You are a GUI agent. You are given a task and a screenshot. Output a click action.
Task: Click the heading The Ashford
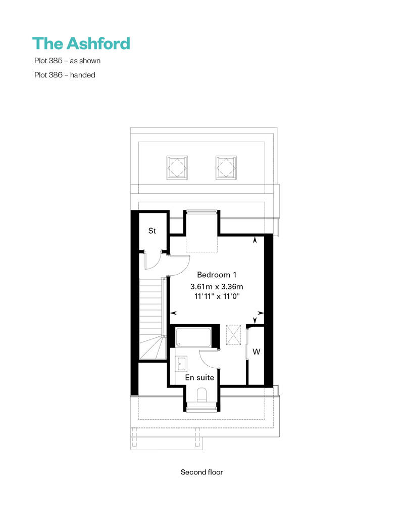pyautogui.click(x=81, y=43)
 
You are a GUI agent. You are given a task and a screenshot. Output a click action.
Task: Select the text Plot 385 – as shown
pyautogui.click(x=67, y=61)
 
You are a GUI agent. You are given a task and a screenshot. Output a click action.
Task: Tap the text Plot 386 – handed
pyautogui.click(x=65, y=75)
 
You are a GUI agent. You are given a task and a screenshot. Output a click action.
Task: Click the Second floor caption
pyautogui.click(x=201, y=472)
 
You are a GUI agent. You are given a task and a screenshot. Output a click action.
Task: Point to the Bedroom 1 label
pyautogui.click(x=217, y=275)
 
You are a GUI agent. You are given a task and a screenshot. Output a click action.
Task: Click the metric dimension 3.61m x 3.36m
pyautogui.click(x=217, y=286)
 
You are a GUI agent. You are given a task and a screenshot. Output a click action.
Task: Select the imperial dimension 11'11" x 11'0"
pyautogui.click(x=217, y=296)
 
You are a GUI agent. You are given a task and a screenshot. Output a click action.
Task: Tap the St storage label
pyautogui.click(x=152, y=231)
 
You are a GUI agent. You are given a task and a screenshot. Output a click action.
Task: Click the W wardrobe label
pyautogui.click(x=256, y=352)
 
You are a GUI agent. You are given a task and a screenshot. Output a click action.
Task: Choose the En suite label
pyautogui.click(x=199, y=378)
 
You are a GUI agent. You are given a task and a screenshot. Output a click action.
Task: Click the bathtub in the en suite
pyautogui.click(x=193, y=337)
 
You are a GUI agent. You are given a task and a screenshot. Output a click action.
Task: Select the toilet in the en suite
pyautogui.click(x=202, y=395)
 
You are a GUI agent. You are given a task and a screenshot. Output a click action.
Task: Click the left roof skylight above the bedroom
pyautogui.click(x=177, y=167)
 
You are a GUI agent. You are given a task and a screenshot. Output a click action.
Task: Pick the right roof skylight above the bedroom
pyautogui.click(x=226, y=167)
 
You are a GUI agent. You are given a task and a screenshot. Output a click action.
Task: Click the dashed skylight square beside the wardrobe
pyautogui.click(x=233, y=334)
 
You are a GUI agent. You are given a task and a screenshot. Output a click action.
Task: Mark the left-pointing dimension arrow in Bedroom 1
pyautogui.click(x=174, y=313)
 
